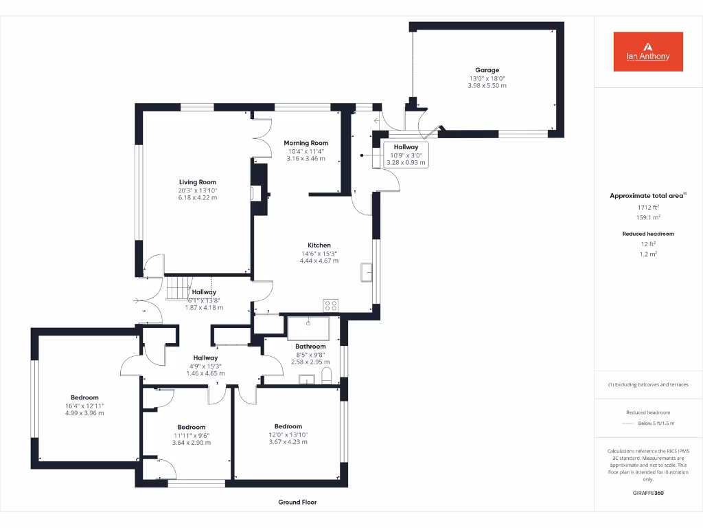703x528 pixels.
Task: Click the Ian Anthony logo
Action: coord(648,52)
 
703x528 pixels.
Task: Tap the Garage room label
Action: coord(487,70)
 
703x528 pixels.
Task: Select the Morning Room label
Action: coord(306,143)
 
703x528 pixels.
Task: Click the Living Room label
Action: coord(198,182)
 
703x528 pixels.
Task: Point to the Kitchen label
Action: coord(319,245)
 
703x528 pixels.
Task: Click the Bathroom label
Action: coord(311,346)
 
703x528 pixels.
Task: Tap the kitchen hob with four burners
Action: coord(330,305)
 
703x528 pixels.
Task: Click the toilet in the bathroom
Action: coord(326,375)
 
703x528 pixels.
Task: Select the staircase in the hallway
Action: coord(176,283)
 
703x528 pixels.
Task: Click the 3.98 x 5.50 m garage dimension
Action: coord(487,85)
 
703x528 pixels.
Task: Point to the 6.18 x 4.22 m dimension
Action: coord(198,198)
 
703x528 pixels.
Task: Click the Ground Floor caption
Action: coord(297,503)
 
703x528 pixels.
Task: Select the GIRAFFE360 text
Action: coord(648,493)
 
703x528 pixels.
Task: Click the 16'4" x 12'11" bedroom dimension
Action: coord(84,406)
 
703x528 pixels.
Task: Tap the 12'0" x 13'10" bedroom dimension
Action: coord(288,434)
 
